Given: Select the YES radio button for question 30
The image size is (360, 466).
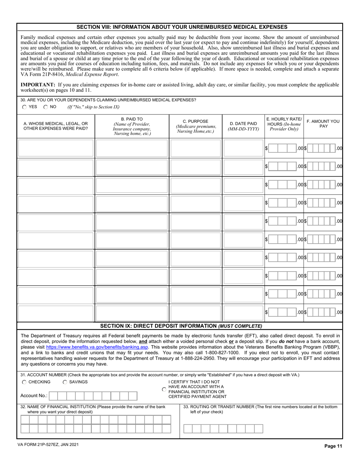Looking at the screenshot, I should click(x=25, y=107).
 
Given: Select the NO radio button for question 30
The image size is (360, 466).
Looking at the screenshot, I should click(x=45, y=107).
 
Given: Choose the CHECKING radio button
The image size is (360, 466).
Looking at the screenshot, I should click(x=25, y=382).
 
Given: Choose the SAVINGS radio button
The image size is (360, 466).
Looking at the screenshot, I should click(x=65, y=382).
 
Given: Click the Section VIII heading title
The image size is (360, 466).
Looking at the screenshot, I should click(x=182, y=27).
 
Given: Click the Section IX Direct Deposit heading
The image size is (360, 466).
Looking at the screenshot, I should click(x=181, y=326).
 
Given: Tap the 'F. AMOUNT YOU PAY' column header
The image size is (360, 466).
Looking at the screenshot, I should click(x=323, y=124).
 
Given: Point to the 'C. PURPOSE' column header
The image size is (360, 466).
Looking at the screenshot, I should click(x=195, y=126).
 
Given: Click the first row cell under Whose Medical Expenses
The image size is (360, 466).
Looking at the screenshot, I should click(x=56, y=149).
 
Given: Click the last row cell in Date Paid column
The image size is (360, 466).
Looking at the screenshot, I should click(x=243, y=312).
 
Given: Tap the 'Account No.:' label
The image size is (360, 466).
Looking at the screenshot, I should click(x=34, y=396).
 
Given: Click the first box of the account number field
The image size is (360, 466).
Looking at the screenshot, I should click(x=54, y=396).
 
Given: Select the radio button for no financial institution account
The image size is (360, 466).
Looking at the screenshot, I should click(x=164, y=389).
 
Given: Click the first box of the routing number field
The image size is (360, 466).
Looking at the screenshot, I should click(x=188, y=428).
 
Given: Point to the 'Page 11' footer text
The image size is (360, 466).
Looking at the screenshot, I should click(x=333, y=446).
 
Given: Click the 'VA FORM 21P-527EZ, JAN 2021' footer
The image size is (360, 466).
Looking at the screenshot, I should click(x=48, y=445).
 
